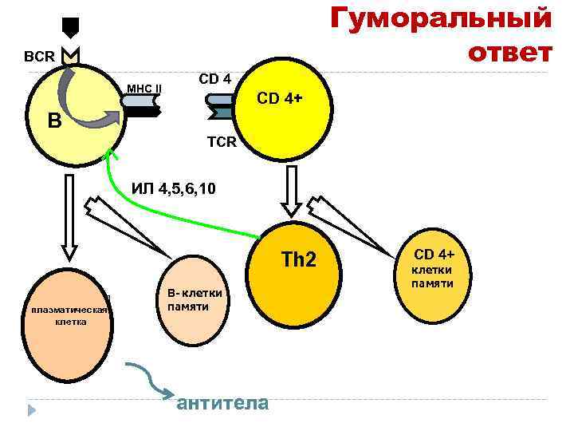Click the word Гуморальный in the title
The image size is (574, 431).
(441, 18)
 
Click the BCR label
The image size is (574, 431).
(39, 58)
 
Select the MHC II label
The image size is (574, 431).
(144, 88)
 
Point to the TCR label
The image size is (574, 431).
(222, 142)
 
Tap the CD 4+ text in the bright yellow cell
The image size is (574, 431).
(278, 99)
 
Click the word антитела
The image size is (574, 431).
(222, 402)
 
